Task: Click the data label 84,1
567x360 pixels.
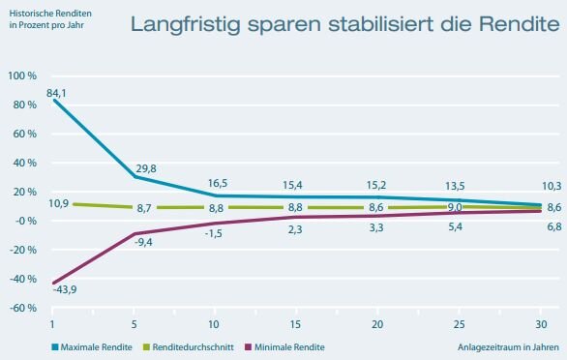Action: pyautogui.click(x=56, y=93)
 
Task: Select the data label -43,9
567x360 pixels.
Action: pyautogui.click(x=65, y=289)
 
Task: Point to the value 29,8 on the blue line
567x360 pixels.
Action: pyautogui.click(x=146, y=168)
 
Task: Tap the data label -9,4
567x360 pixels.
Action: pyautogui.click(x=143, y=242)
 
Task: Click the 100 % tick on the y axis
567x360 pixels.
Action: pyautogui.click(x=22, y=76)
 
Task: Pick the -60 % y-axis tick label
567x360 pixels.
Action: pyautogui.click(x=23, y=308)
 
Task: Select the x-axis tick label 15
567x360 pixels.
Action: pyautogui.click(x=295, y=324)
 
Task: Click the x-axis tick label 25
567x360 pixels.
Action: pyautogui.click(x=459, y=324)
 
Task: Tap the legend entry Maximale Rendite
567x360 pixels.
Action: pyautogui.click(x=92, y=347)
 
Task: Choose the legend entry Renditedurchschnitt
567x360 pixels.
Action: pyautogui.click(x=189, y=347)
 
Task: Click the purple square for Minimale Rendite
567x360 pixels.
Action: pyautogui.click(x=248, y=347)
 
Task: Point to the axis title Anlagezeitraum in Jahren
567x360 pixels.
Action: pyautogui.click(x=508, y=347)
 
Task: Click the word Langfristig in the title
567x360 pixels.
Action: pyautogui.click(x=185, y=24)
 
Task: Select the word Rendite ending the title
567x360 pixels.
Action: pyautogui.click(x=520, y=24)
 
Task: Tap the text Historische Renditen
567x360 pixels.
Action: pyautogui.click(x=50, y=14)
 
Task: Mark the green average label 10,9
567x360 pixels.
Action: pyautogui.click(x=59, y=203)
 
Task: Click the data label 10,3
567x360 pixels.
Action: pyautogui.click(x=552, y=187)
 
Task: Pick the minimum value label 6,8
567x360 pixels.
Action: pyautogui.click(x=554, y=226)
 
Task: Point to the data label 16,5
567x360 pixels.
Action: pyautogui.click(x=218, y=184)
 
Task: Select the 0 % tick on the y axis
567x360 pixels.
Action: pyautogui.click(x=25, y=221)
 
